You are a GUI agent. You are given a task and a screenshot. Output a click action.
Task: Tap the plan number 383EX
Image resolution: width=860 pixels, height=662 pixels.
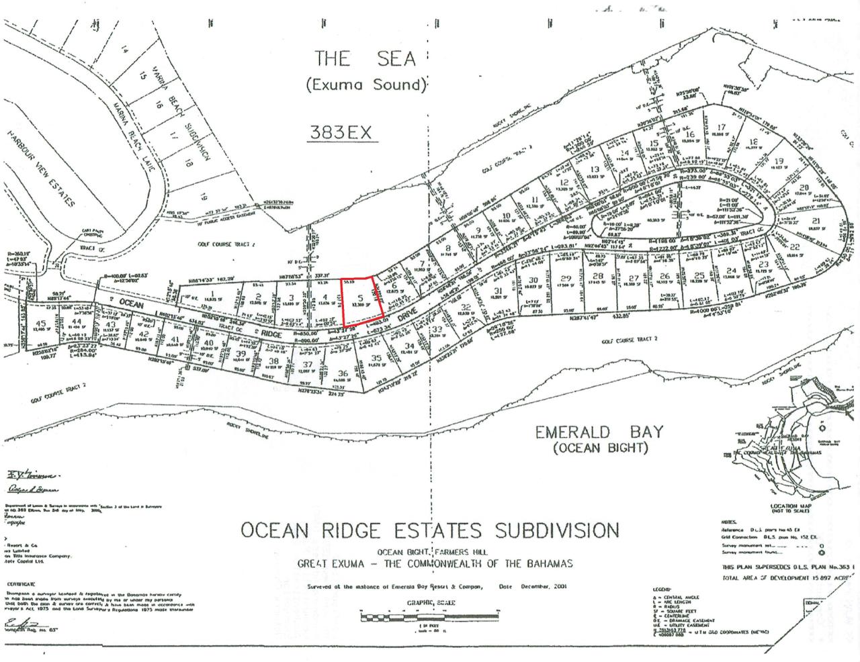[x=340, y=132]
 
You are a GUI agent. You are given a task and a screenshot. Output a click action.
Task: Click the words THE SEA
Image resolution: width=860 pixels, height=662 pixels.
[x=365, y=58]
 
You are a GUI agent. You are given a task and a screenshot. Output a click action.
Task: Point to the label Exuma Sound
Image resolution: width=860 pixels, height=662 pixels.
[x=366, y=85]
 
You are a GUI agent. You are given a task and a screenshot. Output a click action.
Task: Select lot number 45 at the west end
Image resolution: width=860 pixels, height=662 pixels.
[x=41, y=323]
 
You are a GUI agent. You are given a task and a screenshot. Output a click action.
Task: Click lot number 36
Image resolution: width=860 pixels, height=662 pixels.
[x=343, y=373]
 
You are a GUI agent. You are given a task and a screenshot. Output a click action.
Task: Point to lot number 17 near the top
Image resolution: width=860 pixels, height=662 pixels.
[x=722, y=128]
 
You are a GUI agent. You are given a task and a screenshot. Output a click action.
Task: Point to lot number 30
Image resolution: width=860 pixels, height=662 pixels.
[x=533, y=280]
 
